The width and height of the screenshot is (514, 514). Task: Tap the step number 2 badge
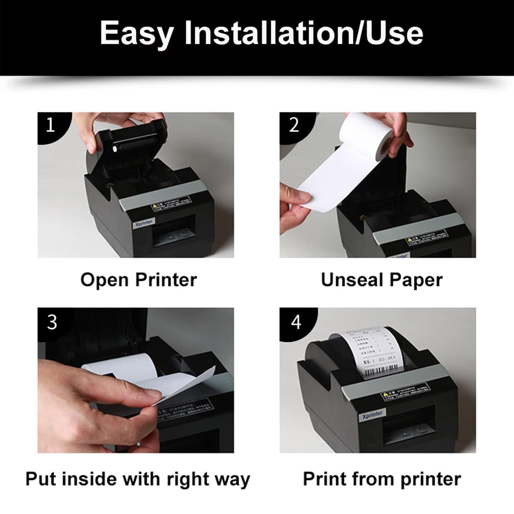[294, 125]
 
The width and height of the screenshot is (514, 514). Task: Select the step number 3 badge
[52, 322]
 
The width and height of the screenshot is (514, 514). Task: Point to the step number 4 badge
[296, 322]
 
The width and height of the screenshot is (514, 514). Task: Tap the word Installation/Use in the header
[304, 33]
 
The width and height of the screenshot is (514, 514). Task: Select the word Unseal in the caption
[352, 280]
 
